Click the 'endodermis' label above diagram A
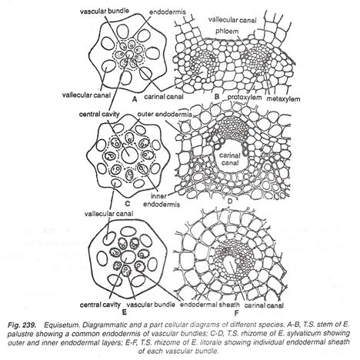(x=168, y=12)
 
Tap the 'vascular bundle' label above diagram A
(x=104, y=11)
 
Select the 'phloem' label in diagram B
(x=227, y=32)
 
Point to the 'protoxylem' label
(x=245, y=98)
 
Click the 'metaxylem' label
(x=283, y=98)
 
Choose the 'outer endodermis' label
(x=165, y=115)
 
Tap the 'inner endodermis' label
(x=162, y=200)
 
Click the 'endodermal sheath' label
(x=210, y=305)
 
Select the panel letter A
(x=134, y=99)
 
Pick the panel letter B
(x=217, y=97)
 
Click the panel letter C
(x=127, y=204)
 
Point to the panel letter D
(x=230, y=202)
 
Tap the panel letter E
(x=125, y=312)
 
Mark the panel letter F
(x=236, y=313)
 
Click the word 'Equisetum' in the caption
(x=59, y=325)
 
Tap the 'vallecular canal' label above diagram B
(x=232, y=20)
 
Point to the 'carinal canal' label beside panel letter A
(x=164, y=97)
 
